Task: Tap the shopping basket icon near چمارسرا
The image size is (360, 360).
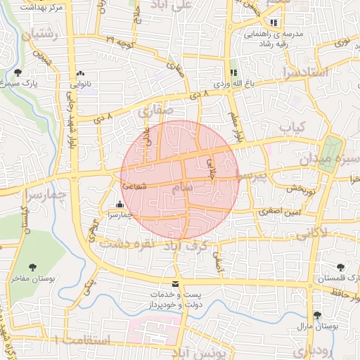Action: pos(118,205)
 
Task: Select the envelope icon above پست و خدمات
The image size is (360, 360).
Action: pos(175,284)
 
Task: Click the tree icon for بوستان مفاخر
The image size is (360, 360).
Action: pos(33,266)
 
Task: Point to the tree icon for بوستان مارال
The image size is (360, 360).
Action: pos(316,316)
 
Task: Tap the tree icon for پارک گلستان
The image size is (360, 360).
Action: pos(341,266)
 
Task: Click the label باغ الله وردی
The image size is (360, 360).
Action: pos(232,82)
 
